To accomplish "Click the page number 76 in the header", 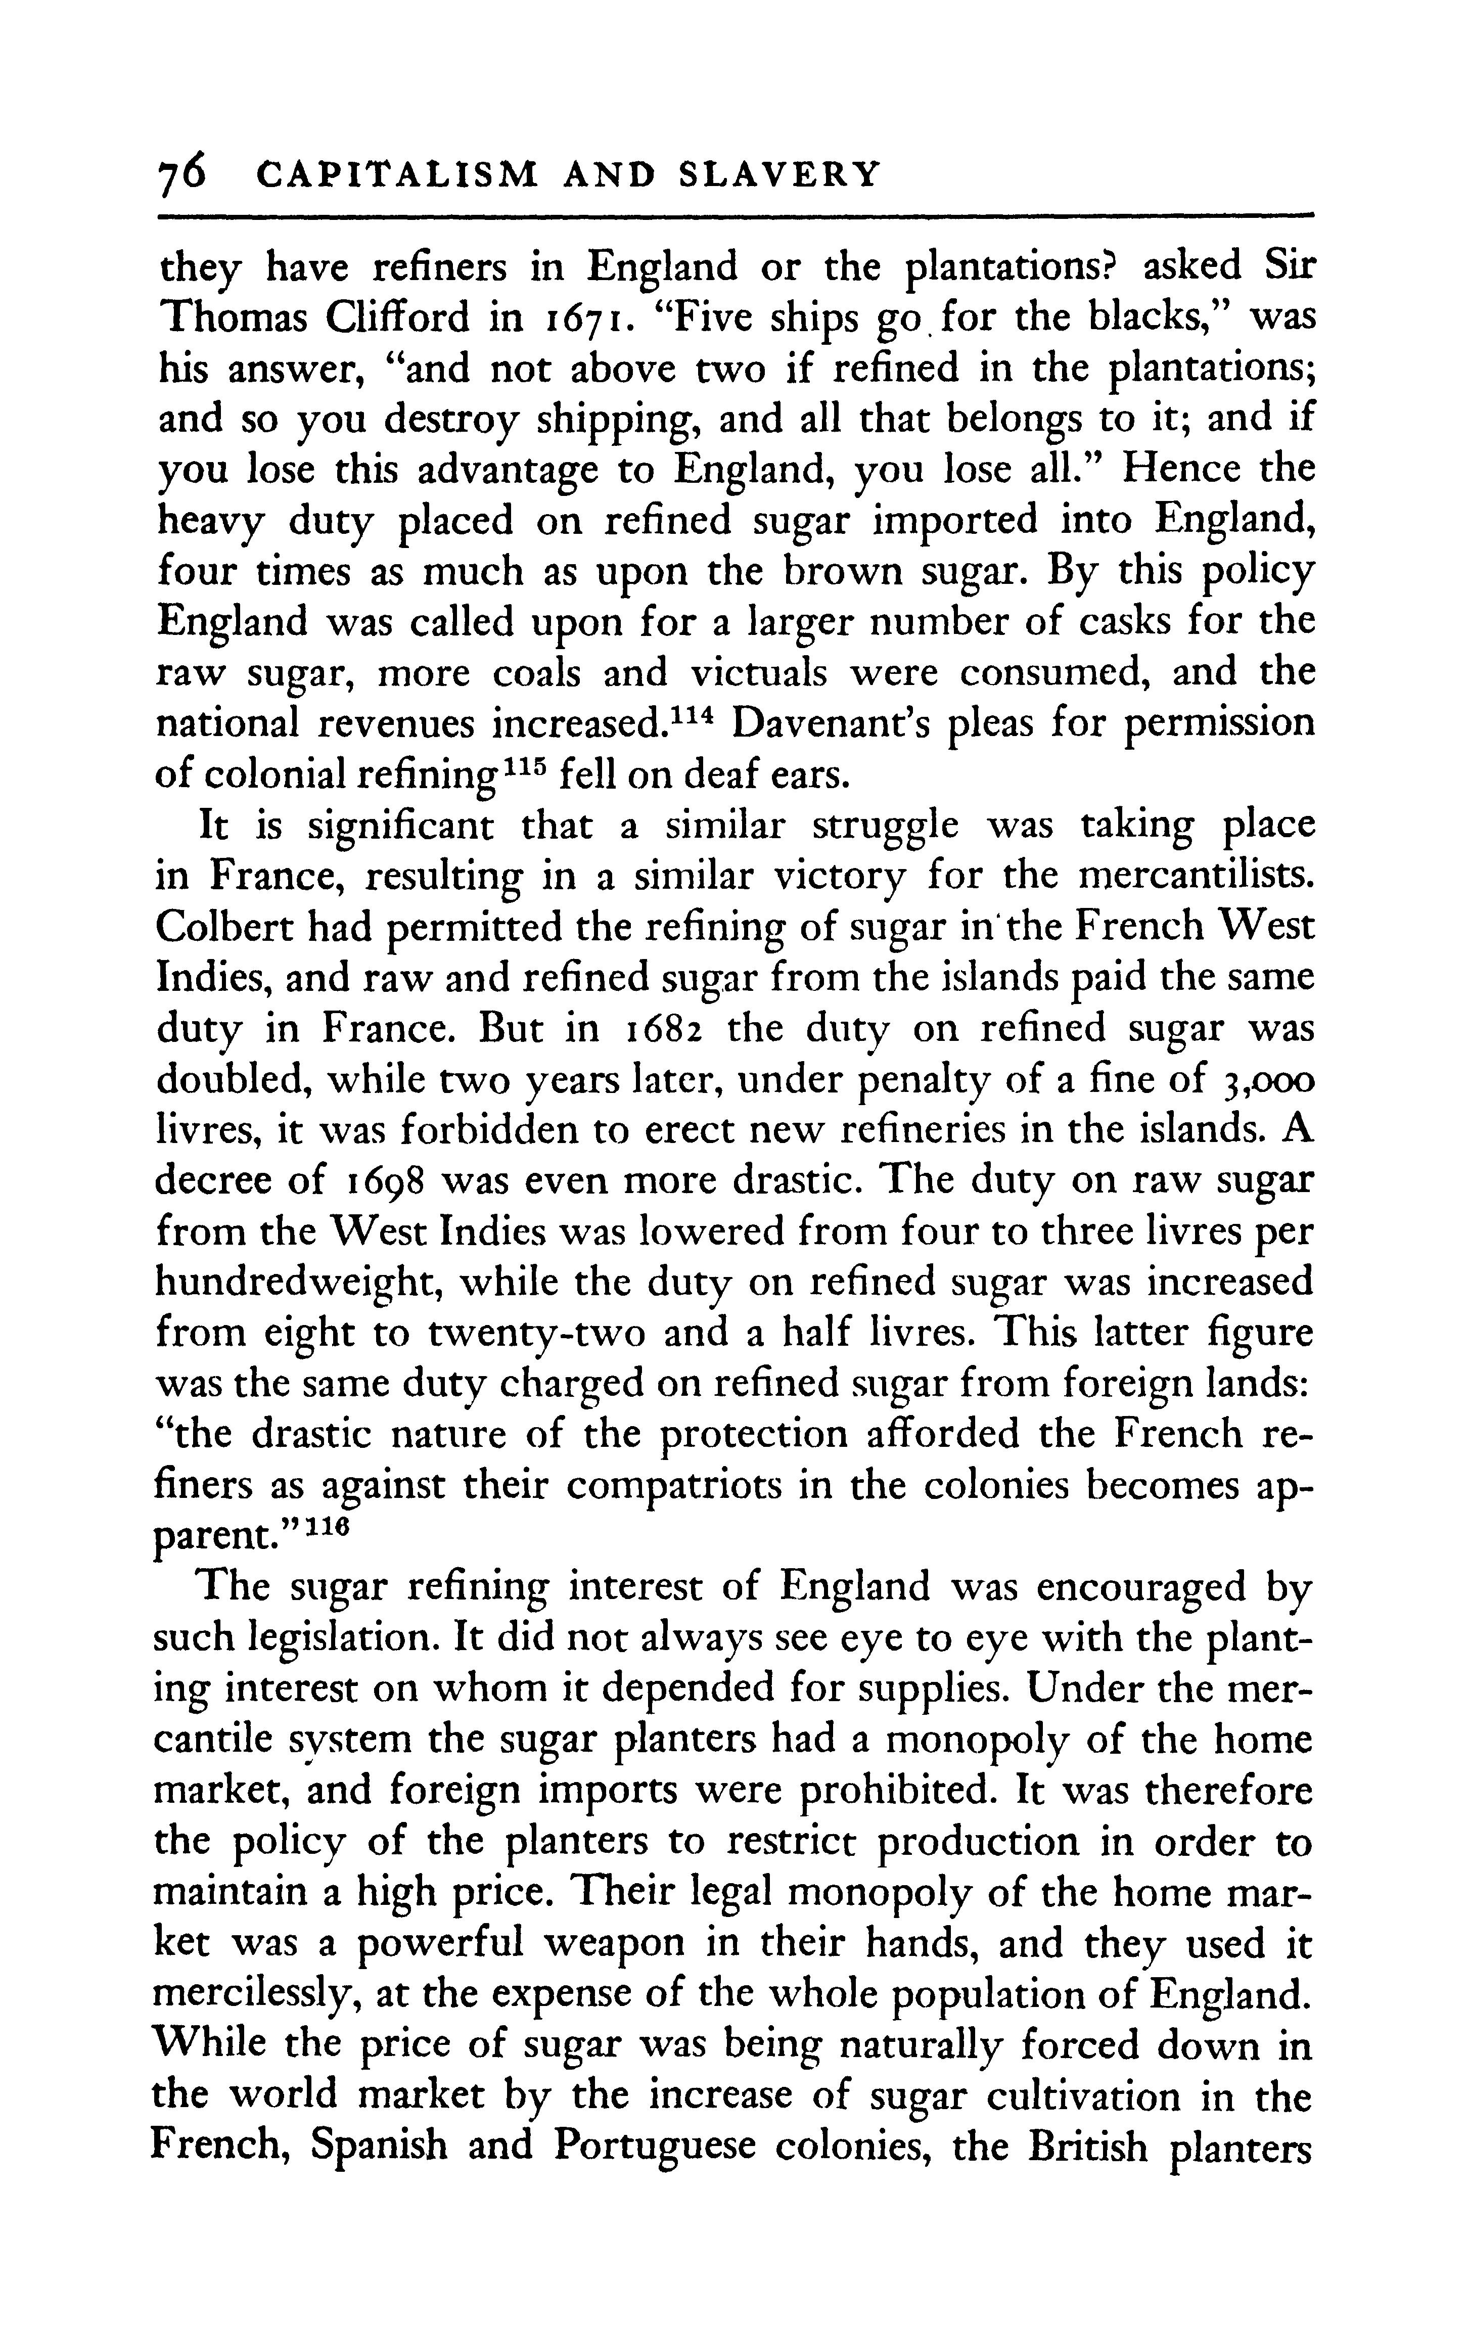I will point(181,174).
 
